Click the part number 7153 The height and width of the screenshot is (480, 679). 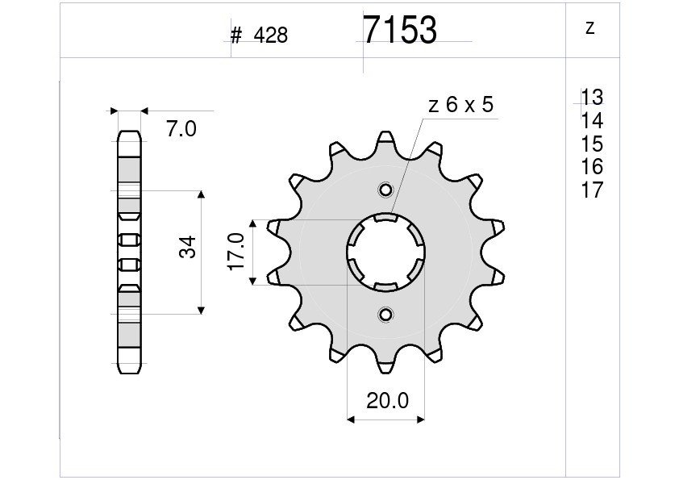point(400,31)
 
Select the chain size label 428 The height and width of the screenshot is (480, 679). point(271,35)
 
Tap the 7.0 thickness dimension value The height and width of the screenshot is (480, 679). point(181,129)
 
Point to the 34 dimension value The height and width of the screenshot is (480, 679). point(188,247)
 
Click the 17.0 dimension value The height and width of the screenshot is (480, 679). point(237,252)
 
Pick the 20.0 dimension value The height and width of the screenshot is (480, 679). point(387,401)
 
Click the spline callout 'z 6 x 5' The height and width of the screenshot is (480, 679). point(460,105)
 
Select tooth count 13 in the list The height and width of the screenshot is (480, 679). point(592,97)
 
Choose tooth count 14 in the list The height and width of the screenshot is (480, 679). point(592,120)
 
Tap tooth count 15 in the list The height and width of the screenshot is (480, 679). point(592,144)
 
